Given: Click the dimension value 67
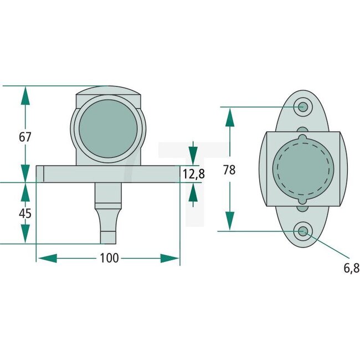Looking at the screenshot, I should pos(25,137).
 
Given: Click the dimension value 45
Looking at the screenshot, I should pos(25,213).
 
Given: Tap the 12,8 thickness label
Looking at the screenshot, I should pos(193,174).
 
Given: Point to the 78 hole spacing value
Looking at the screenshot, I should pos(228,170).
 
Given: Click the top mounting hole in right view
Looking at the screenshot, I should pos(303,106).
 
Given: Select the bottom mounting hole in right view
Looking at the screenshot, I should pos(303,232).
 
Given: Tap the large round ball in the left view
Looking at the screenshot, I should pos(108,129).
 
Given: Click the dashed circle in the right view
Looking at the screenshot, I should pos(303,168).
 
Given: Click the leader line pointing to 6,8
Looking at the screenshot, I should pos(327,249).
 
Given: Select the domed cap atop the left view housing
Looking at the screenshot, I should pos(108,91).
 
